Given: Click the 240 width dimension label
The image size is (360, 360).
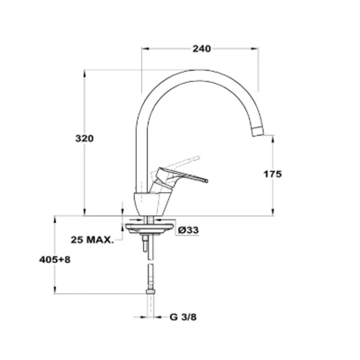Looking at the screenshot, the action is click(201, 49).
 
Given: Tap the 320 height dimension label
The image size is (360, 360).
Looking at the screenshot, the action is click(85, 139).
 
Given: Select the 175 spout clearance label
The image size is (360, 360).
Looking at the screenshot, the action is click(273, 174).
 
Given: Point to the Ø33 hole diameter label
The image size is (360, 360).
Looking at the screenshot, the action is click(188, 230).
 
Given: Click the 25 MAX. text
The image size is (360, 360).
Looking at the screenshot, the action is click(92, 240).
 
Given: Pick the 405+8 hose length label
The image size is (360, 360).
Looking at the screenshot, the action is click(54, 260).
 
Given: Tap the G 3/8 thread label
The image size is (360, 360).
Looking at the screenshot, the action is click(183, 317).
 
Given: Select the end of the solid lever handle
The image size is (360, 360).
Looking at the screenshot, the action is click(207, 181).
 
